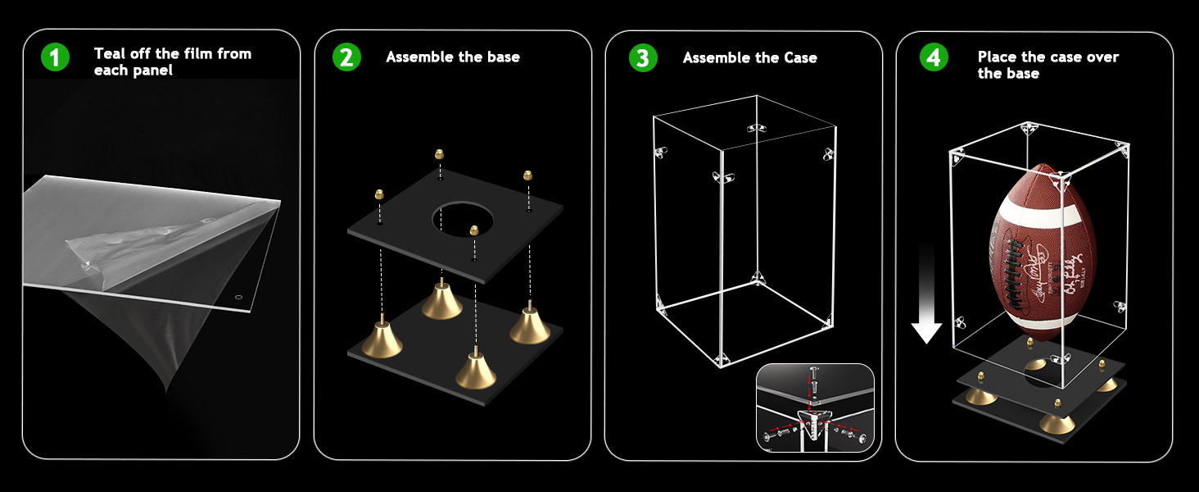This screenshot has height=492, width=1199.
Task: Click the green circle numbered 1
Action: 56,58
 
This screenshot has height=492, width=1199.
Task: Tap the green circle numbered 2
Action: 346,57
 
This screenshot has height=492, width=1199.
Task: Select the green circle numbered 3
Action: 643,58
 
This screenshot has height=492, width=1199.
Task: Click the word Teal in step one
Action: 111,54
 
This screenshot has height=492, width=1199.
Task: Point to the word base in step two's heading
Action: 501,57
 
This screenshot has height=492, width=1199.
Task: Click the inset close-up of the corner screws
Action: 815,408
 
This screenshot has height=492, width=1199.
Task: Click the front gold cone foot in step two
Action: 476,373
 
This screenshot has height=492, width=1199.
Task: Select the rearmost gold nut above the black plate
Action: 440,154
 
